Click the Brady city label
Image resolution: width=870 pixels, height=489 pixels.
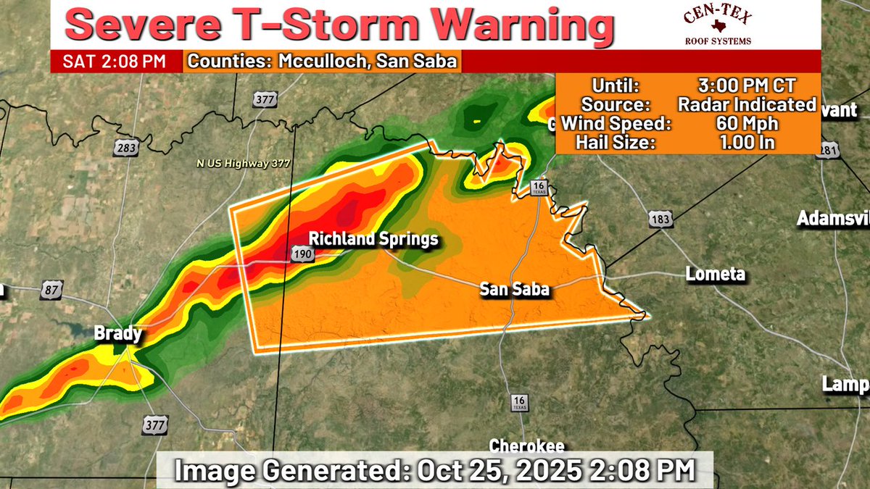(117, 334)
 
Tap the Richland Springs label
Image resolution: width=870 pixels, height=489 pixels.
(373, 238)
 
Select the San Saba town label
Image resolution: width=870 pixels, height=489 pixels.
(514, 289)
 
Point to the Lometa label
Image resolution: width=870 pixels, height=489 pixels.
(716, 274)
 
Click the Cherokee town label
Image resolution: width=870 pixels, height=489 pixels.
(527, 446)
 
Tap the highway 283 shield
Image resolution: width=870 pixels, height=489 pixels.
(125, 148)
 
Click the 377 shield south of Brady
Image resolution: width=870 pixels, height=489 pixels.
(155, 424)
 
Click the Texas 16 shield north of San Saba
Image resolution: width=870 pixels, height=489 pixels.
(538, 188)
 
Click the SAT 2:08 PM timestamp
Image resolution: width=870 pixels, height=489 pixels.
(115, 61)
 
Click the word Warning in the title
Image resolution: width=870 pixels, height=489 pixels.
(520, 26)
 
